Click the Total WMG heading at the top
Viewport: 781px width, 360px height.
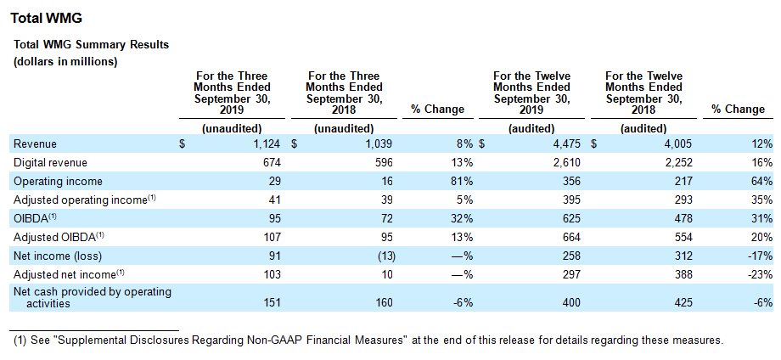tap(46, 19)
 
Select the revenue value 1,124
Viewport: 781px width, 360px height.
tap(268, 143)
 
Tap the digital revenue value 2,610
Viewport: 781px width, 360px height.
tap(568, 162)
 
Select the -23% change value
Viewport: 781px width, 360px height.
tap(762, 274)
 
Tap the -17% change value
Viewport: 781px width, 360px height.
tap(762, 256)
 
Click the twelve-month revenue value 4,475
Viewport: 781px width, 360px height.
tap(568, 143)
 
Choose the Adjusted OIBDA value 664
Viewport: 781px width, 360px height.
tap(571, 237)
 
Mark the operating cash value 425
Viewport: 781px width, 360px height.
tap(683, 302)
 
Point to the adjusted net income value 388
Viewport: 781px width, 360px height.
tap(683, 274)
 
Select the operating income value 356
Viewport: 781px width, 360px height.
tap(571, 181)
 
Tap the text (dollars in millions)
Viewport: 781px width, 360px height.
tap(65, 62)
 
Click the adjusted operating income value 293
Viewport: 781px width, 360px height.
tap(683, 200)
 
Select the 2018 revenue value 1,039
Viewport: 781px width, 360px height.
tap(380, 143)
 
